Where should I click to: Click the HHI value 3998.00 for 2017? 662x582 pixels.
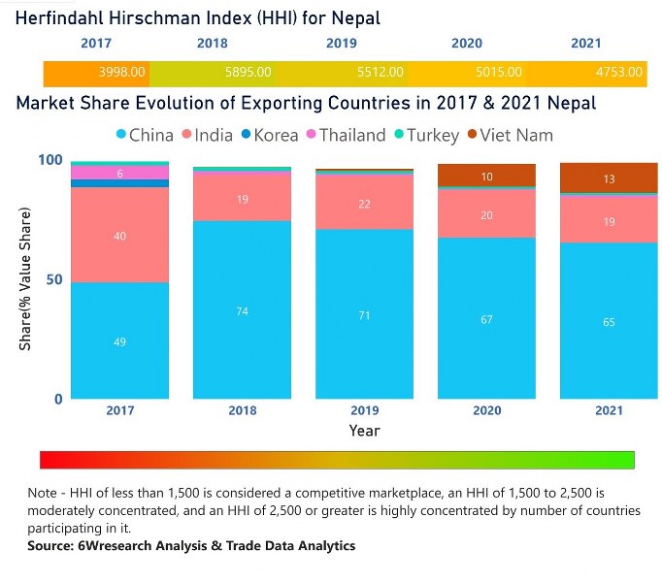pos(122,72)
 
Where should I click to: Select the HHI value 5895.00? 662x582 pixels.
pos(248,72)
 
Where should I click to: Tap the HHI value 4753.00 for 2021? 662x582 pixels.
pos(618,72)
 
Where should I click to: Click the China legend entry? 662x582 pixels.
pos(143,135)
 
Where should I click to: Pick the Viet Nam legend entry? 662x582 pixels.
pos(513,135)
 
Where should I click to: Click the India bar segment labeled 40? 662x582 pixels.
pos(120,235)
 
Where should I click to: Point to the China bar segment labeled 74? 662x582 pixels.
pos(242,309)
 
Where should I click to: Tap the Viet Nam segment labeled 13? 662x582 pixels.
pos(609,178)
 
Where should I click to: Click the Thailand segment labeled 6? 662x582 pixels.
pos(120,173)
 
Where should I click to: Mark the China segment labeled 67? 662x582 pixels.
pos(486,318)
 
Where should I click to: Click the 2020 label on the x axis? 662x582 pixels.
pos(486,410)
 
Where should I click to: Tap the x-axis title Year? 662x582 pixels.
pos(364,430)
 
